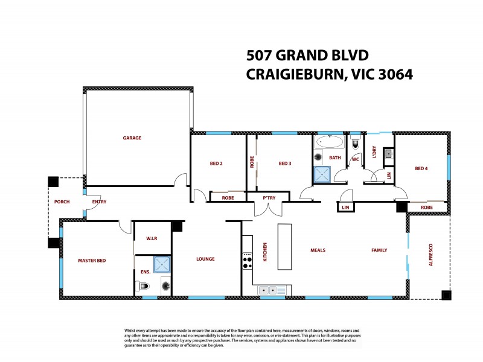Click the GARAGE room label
coord(132,138)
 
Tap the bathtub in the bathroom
coord(330,144)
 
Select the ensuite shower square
coord(161,264)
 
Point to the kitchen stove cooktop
coord(247,260)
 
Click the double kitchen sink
coord(272,290)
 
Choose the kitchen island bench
coord(285,247)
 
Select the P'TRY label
coord(269,198)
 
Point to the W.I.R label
coord(152,238)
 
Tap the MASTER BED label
coord(92,261)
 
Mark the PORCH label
coord(62,202)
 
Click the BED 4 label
coord(421,168)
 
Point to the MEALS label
coord(318,250)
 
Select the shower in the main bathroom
coord(322,174)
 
